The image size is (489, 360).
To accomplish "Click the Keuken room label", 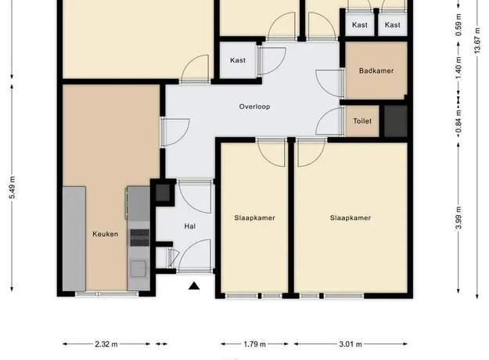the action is (x=105, y=234).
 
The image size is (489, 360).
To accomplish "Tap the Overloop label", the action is (x=254, y=106).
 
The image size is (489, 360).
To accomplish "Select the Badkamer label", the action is (x=376, y=70).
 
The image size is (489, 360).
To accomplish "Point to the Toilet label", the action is (x=362, y=121).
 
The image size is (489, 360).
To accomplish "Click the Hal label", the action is (x=190, y=226).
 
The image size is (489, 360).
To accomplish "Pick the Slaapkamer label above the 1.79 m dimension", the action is (x=254, y=218).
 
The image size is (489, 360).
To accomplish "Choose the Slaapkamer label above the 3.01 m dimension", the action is (x=351, y=218).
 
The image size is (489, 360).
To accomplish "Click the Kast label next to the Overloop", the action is (x=238, y=60).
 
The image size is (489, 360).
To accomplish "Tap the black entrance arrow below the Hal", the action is (x=194, y=286).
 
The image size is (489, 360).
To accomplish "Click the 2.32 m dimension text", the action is (x=106, y=344).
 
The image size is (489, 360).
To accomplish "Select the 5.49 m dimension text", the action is (x=13, y=188).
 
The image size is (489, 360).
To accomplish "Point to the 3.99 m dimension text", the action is (x=458, y=218).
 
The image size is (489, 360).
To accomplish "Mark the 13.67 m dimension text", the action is (x=477, y=41).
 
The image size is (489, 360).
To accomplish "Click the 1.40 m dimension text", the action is (x=458, y=68).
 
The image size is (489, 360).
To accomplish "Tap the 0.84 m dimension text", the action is (x=458, y=121).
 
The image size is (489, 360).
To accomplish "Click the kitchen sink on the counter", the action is (x=138, y=268).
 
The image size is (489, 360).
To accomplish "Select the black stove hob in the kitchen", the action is (x=139, y=238).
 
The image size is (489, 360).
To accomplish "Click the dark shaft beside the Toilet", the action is (x=395, y=121).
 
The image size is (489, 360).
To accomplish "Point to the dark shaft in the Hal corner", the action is (x=163, y=193).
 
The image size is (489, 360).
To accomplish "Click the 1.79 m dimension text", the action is (x=254, y=344).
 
